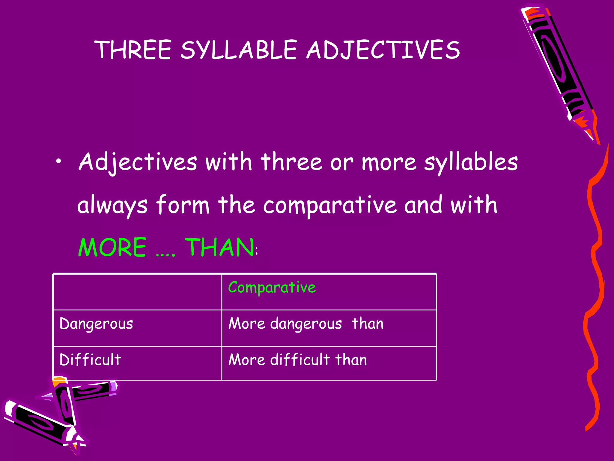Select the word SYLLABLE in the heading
[239, 50]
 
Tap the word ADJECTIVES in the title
[383, 50]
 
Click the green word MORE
[112, 247]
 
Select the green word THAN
[219, 247]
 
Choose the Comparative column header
[272, 288]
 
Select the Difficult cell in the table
[90, 360]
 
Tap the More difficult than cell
[297, 360]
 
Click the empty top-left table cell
[137, 292]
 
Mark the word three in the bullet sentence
[291, 162]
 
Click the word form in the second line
[183, 205]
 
